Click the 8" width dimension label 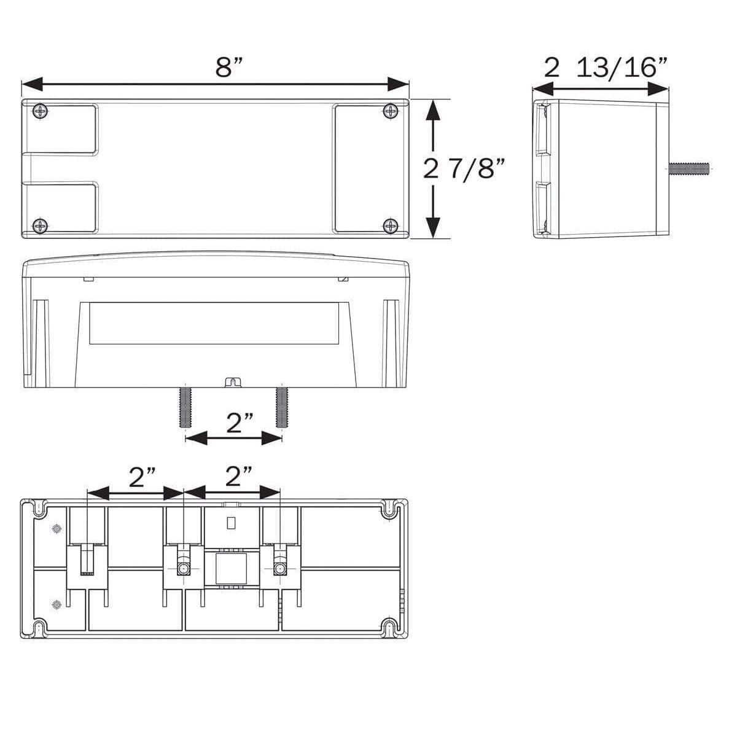(229, 66)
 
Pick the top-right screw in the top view (390, 111)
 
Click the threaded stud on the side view (688, 167)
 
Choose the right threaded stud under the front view (281, 407)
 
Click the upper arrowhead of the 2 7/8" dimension (434, 111)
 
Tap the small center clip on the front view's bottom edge (232, 382)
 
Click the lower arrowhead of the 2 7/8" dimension (434, 227)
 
